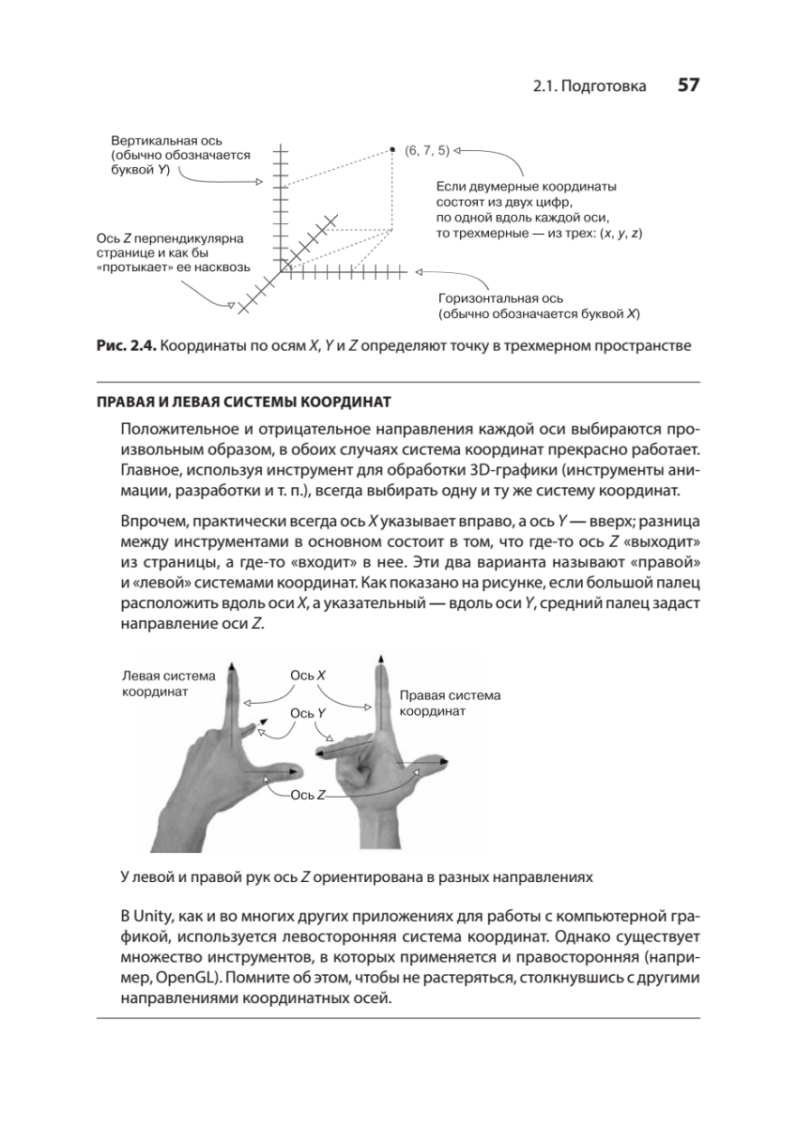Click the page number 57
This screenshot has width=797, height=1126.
(688, 85)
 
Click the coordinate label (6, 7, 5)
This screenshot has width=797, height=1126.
(427, 149)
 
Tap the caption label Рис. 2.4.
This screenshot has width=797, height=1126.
(126, 346)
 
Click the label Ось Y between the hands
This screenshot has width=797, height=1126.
(308, 713)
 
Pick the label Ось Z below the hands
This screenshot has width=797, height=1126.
(308, 795)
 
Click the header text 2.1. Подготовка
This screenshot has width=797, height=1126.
(590, 86)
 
